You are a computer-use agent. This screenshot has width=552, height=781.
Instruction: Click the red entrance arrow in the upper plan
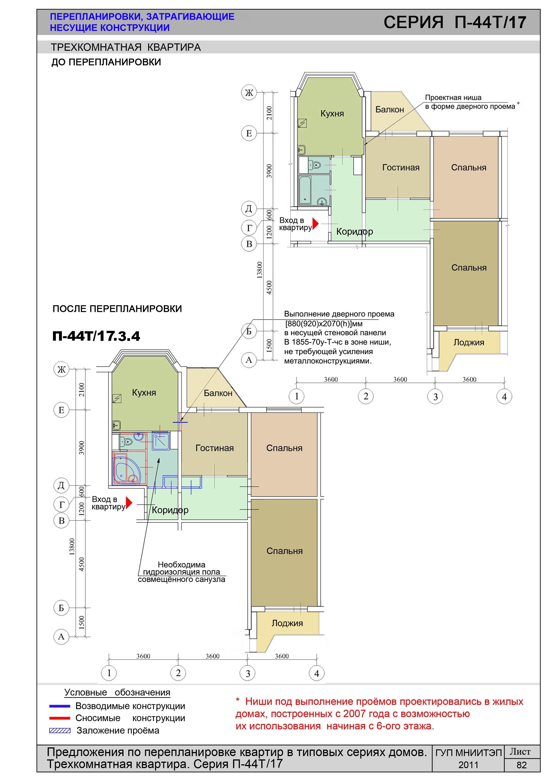coord(315,224)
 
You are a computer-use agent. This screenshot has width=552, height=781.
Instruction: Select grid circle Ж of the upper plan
coord(249,93)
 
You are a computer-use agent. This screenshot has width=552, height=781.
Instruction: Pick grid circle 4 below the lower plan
coord(317,673)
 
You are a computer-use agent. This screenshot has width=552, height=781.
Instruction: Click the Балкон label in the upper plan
coord(390,110)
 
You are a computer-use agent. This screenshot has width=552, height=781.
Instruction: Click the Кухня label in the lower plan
coord(144,393)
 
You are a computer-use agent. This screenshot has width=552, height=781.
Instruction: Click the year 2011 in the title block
coord(468,765)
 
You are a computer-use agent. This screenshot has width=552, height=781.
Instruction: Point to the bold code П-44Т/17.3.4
coord(96,336)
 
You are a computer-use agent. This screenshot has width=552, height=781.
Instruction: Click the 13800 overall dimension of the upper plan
coord(260,270)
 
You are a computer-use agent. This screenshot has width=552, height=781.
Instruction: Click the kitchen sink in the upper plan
coord(301,150)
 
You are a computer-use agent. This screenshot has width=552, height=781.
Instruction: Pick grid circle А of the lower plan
coord(61,637)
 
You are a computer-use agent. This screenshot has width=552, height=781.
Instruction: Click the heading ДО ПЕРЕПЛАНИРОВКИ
coord(106,62)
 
